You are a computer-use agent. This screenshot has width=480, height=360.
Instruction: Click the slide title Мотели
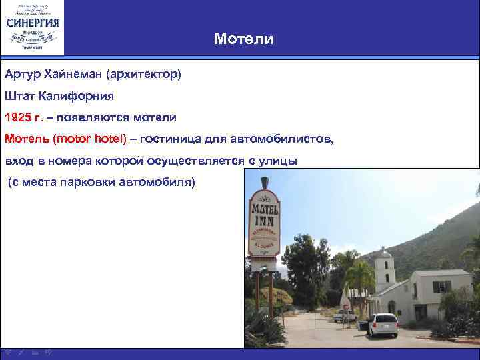(244, 39)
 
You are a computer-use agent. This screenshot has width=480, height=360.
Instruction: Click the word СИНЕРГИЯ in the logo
(33, 22)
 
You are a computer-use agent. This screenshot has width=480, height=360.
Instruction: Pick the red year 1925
(18, 117)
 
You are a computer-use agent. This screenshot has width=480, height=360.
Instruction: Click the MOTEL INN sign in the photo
(264, 223)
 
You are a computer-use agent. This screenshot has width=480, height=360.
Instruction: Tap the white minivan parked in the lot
(382, 325)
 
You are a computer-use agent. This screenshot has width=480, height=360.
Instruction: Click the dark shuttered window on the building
(441, 286)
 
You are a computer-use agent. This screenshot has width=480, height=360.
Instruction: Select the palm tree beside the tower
(361, 277)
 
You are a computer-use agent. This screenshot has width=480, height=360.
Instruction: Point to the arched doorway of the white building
(391, 306)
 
